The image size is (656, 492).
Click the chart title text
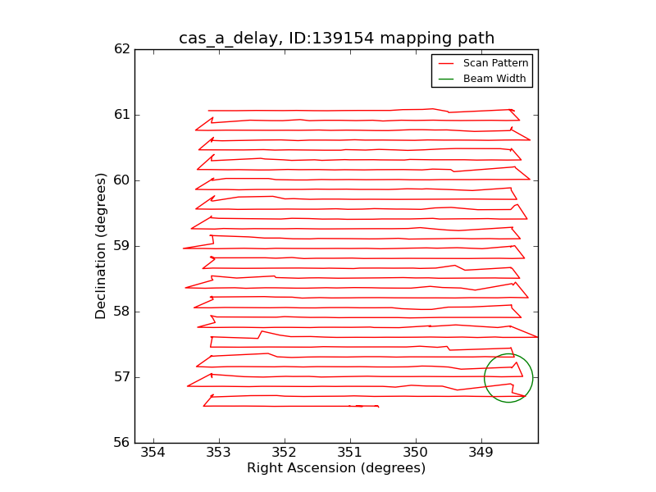(x=336, y=39)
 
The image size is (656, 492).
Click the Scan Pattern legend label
(x=495, y=63)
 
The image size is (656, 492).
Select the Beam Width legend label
(x=494, y=79)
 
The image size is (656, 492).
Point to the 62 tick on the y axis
(x=121, y=49)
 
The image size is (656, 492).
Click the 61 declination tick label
(x=121, y=115)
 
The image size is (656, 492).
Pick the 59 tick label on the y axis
(x=121, y=246)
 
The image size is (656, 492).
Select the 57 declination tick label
(x=121, y=377)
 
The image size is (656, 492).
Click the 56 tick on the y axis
(x=121, y=443)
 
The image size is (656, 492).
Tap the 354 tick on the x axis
(x=153, y=453)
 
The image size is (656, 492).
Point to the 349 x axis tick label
(x=481, y=453)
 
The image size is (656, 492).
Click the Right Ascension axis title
(x=336, y=468)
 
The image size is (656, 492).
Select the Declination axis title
(x=102, y=245)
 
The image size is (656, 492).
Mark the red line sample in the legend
(x=446, y=63)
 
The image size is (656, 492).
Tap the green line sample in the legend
(x=446, y=79)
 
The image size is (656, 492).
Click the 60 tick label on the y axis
(x=121, y=180)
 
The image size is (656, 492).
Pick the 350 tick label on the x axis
(x=416, y=453)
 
